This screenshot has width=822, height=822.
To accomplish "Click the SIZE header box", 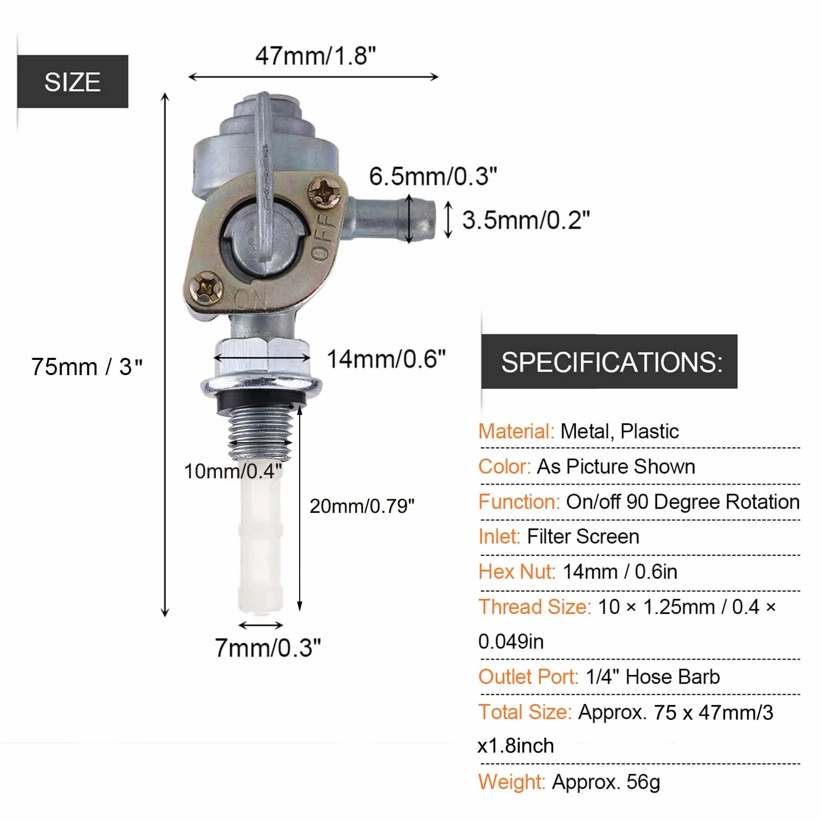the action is (73, 82).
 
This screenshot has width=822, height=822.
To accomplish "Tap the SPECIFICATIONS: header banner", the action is (609, 361).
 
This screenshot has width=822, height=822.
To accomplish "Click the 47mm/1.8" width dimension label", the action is (315, 56).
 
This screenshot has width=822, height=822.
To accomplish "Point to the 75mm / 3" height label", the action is (86, 367).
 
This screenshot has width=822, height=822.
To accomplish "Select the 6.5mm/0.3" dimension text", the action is (433, 176).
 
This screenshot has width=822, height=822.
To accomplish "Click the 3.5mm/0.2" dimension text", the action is (526, 220).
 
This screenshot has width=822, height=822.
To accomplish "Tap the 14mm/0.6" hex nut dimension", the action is (386, 359).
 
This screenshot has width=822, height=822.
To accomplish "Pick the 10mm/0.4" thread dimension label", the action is (233, 472).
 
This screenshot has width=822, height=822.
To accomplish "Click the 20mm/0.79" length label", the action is (362, 506).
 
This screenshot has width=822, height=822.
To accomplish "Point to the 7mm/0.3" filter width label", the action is (268, 648).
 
